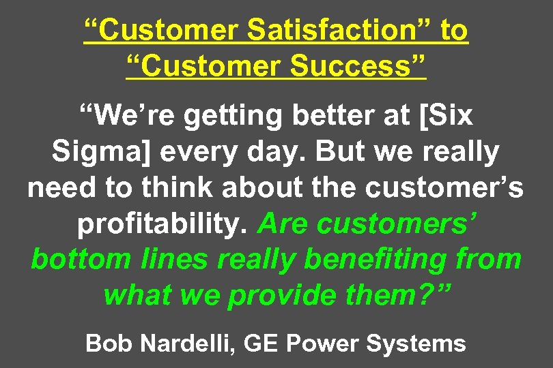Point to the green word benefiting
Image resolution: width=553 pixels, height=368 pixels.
point(376,260)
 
